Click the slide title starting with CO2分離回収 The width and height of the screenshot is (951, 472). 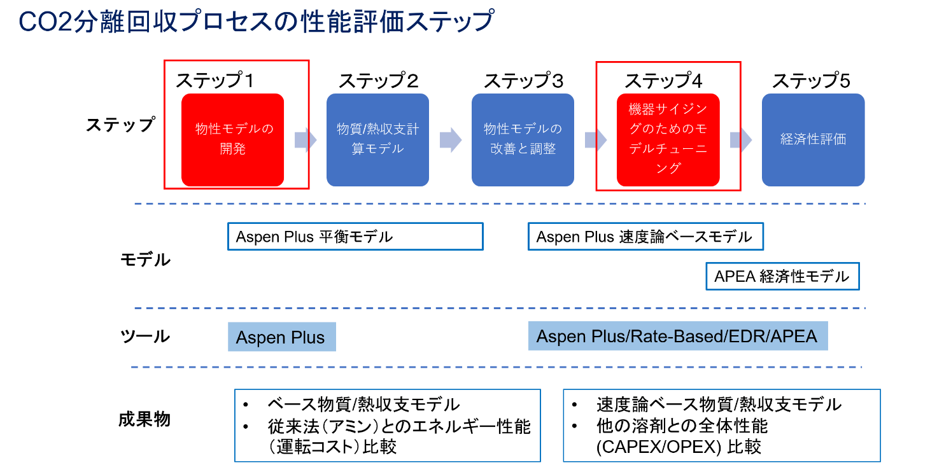pos(256,21)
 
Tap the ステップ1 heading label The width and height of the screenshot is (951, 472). pos(215,81)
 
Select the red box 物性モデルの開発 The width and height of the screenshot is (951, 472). pos(232,140)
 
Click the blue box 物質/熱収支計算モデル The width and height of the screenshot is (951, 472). pos(378,140)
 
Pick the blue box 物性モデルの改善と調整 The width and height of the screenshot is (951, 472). pos(523,140)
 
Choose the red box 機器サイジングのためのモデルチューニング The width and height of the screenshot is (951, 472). pos(668,140)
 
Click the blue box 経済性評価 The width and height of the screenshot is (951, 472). pos(814,140)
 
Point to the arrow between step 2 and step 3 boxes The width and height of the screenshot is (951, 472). pos(451,140)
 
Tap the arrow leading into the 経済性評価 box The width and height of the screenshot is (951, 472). pos(741,140)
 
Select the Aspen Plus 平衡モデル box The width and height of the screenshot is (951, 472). pos(355,237)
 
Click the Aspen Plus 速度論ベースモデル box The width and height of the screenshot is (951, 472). pos(645,237)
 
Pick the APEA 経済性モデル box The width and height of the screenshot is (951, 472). pos(783,277)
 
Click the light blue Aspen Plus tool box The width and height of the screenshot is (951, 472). pos(282,337)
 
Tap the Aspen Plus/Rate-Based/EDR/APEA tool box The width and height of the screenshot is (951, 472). pos(678,336)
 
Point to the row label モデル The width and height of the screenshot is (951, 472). pos(146,260)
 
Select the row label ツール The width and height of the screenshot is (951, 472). pos(145,337)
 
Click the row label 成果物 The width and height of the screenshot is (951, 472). pos(144,419)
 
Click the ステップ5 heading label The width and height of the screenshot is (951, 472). pos(812,81)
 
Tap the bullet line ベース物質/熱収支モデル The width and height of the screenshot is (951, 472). pos(364,405)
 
